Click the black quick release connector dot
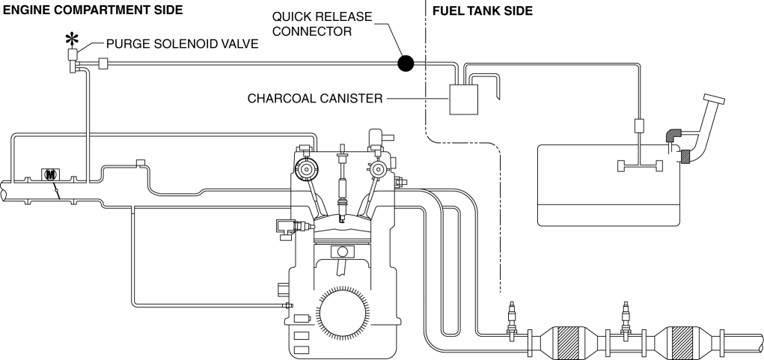point(405,63)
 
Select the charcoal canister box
point(463,100)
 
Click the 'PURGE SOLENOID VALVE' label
point(183,44)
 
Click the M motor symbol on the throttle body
point(50,174)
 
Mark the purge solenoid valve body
point(75,57)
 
